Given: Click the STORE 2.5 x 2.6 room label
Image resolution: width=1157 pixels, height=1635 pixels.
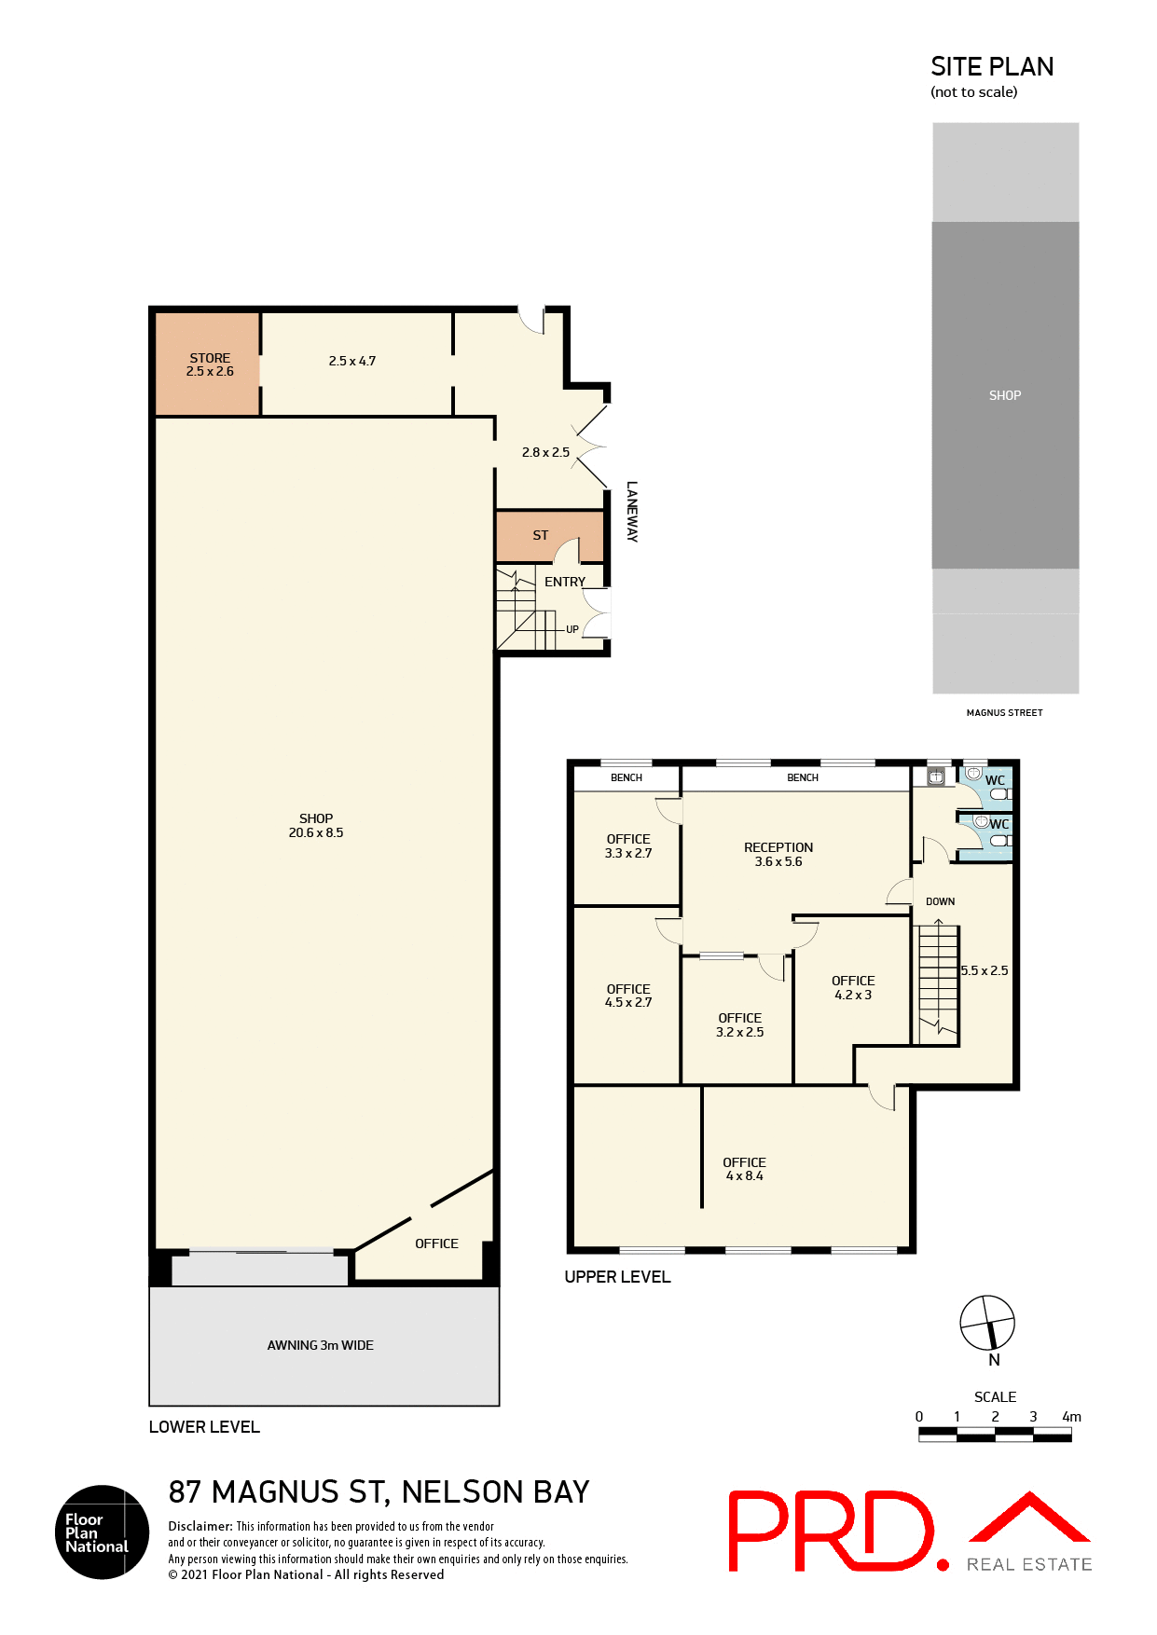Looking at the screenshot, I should point(210,364).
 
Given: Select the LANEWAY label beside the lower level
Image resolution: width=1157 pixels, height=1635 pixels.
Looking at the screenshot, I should point(632,511).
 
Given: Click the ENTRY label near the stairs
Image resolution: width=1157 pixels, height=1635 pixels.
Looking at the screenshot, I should point(565,582).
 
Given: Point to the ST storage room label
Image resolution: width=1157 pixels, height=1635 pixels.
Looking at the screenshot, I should point(541,535).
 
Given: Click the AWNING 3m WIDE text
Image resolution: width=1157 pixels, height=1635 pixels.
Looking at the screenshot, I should point(320,1345).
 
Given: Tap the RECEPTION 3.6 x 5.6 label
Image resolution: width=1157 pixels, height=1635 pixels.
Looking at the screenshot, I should point(778,854).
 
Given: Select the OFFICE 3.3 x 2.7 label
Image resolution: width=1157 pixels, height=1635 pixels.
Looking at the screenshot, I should point(628,845).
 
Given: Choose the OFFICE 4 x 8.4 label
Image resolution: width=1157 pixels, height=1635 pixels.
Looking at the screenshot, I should point(744,1169).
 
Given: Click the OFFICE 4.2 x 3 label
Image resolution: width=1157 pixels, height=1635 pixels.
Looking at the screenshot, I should point(853,987).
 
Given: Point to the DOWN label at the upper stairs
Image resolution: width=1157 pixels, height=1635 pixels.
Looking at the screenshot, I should point(940,901).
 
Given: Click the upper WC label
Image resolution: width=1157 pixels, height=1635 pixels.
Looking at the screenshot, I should point(995,781).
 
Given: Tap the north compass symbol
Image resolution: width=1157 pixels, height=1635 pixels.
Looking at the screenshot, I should point(987,1323).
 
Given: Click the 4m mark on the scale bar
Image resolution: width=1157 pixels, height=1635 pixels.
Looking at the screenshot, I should point(1071,1417).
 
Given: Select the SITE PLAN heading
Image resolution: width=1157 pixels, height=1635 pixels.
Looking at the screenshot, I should point(992,67).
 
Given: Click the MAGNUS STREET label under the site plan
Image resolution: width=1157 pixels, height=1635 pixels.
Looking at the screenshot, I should point(1004,712).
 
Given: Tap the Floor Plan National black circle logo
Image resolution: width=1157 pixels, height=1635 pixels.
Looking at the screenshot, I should point(102,1532).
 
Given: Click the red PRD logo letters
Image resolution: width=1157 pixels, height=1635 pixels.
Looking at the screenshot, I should point(831,1531).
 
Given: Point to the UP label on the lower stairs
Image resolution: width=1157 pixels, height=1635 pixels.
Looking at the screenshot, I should point(572,629).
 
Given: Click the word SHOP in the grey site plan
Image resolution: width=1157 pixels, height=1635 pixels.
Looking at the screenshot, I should point(1005,395).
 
